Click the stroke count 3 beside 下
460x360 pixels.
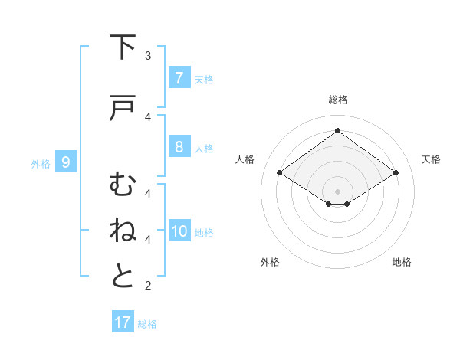point(148,56)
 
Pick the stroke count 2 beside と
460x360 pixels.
point(148,286)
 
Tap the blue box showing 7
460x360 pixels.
point(179,77)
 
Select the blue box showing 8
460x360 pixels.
point(179,147)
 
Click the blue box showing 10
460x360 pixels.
point(179,231)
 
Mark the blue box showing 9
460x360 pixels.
point(66,162)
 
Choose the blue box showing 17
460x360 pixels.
point(123,322)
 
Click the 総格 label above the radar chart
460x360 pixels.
point(338,100)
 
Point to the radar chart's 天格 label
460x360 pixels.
point(431,159)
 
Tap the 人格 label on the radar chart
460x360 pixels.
point(245,159)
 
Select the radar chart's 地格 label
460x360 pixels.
point(402,262)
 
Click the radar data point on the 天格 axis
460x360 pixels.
point(396,173)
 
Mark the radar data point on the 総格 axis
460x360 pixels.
point(337,131)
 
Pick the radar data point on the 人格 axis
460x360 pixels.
point(279,173)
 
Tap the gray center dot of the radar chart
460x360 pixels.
point(337,191)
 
